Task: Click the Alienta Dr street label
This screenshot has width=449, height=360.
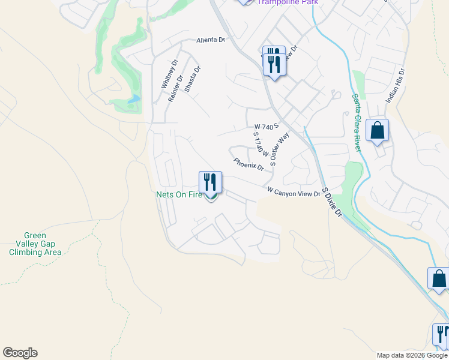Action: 210,40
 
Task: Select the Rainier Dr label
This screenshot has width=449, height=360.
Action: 175,88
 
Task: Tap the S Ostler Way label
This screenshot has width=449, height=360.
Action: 280,149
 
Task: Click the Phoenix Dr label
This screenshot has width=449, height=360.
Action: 249,164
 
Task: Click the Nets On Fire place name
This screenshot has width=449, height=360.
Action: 179,194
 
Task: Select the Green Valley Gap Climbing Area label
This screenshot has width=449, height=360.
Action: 35,244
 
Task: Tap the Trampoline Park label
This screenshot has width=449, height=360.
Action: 288,2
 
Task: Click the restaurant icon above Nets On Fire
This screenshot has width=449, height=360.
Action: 210,181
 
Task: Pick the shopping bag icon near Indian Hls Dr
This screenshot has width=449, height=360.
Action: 377,130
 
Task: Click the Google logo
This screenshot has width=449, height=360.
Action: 20,353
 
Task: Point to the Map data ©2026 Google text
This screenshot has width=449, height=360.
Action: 411,355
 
